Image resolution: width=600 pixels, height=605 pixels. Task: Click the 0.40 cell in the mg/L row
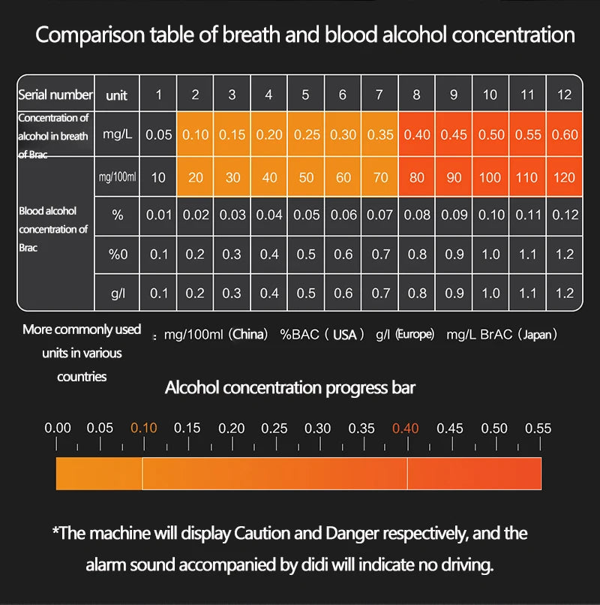[x=417, y=135]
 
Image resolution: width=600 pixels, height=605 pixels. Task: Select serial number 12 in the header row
[x=564, y=95]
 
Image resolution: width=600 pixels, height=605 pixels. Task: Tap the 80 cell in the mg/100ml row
[x=417, y=178]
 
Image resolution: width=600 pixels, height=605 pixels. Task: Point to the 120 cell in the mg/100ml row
[x=564, y=178]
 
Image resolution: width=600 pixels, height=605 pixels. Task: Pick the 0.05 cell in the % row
[x=305, y=215]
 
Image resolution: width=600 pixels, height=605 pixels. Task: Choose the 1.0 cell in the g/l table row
[x=490, y=293]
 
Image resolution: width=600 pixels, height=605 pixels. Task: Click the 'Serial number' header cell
[x=55, y=95]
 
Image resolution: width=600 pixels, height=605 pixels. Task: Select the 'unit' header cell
[x=117, y=95]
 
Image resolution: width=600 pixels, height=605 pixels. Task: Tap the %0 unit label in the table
[x=118, y=254]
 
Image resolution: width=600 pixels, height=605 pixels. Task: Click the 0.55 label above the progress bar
[x=538, y=429]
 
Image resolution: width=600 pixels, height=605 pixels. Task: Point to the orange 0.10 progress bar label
[x=143, y=429]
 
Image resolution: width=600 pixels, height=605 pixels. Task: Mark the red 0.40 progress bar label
[x=406, y=429]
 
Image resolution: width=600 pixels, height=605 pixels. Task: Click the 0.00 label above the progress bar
[x=58, y=429]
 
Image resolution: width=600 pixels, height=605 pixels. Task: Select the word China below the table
[x=250, y=335]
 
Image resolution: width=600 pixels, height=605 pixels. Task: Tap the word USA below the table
[x=344, y=335]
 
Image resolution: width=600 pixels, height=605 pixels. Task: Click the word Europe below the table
[x=415, y=335]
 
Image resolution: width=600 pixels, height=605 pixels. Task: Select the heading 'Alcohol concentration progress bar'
[x=289, y=388]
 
